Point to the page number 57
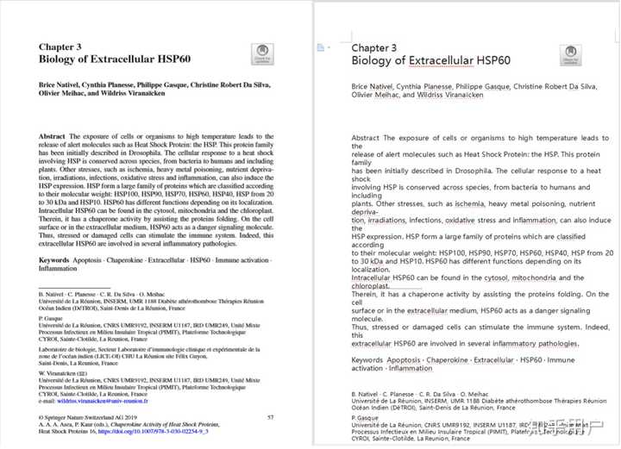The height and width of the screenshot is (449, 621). [270, 417]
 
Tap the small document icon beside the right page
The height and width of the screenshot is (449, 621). [321, 47]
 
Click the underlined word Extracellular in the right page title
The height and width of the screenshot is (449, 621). [448, 61]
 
